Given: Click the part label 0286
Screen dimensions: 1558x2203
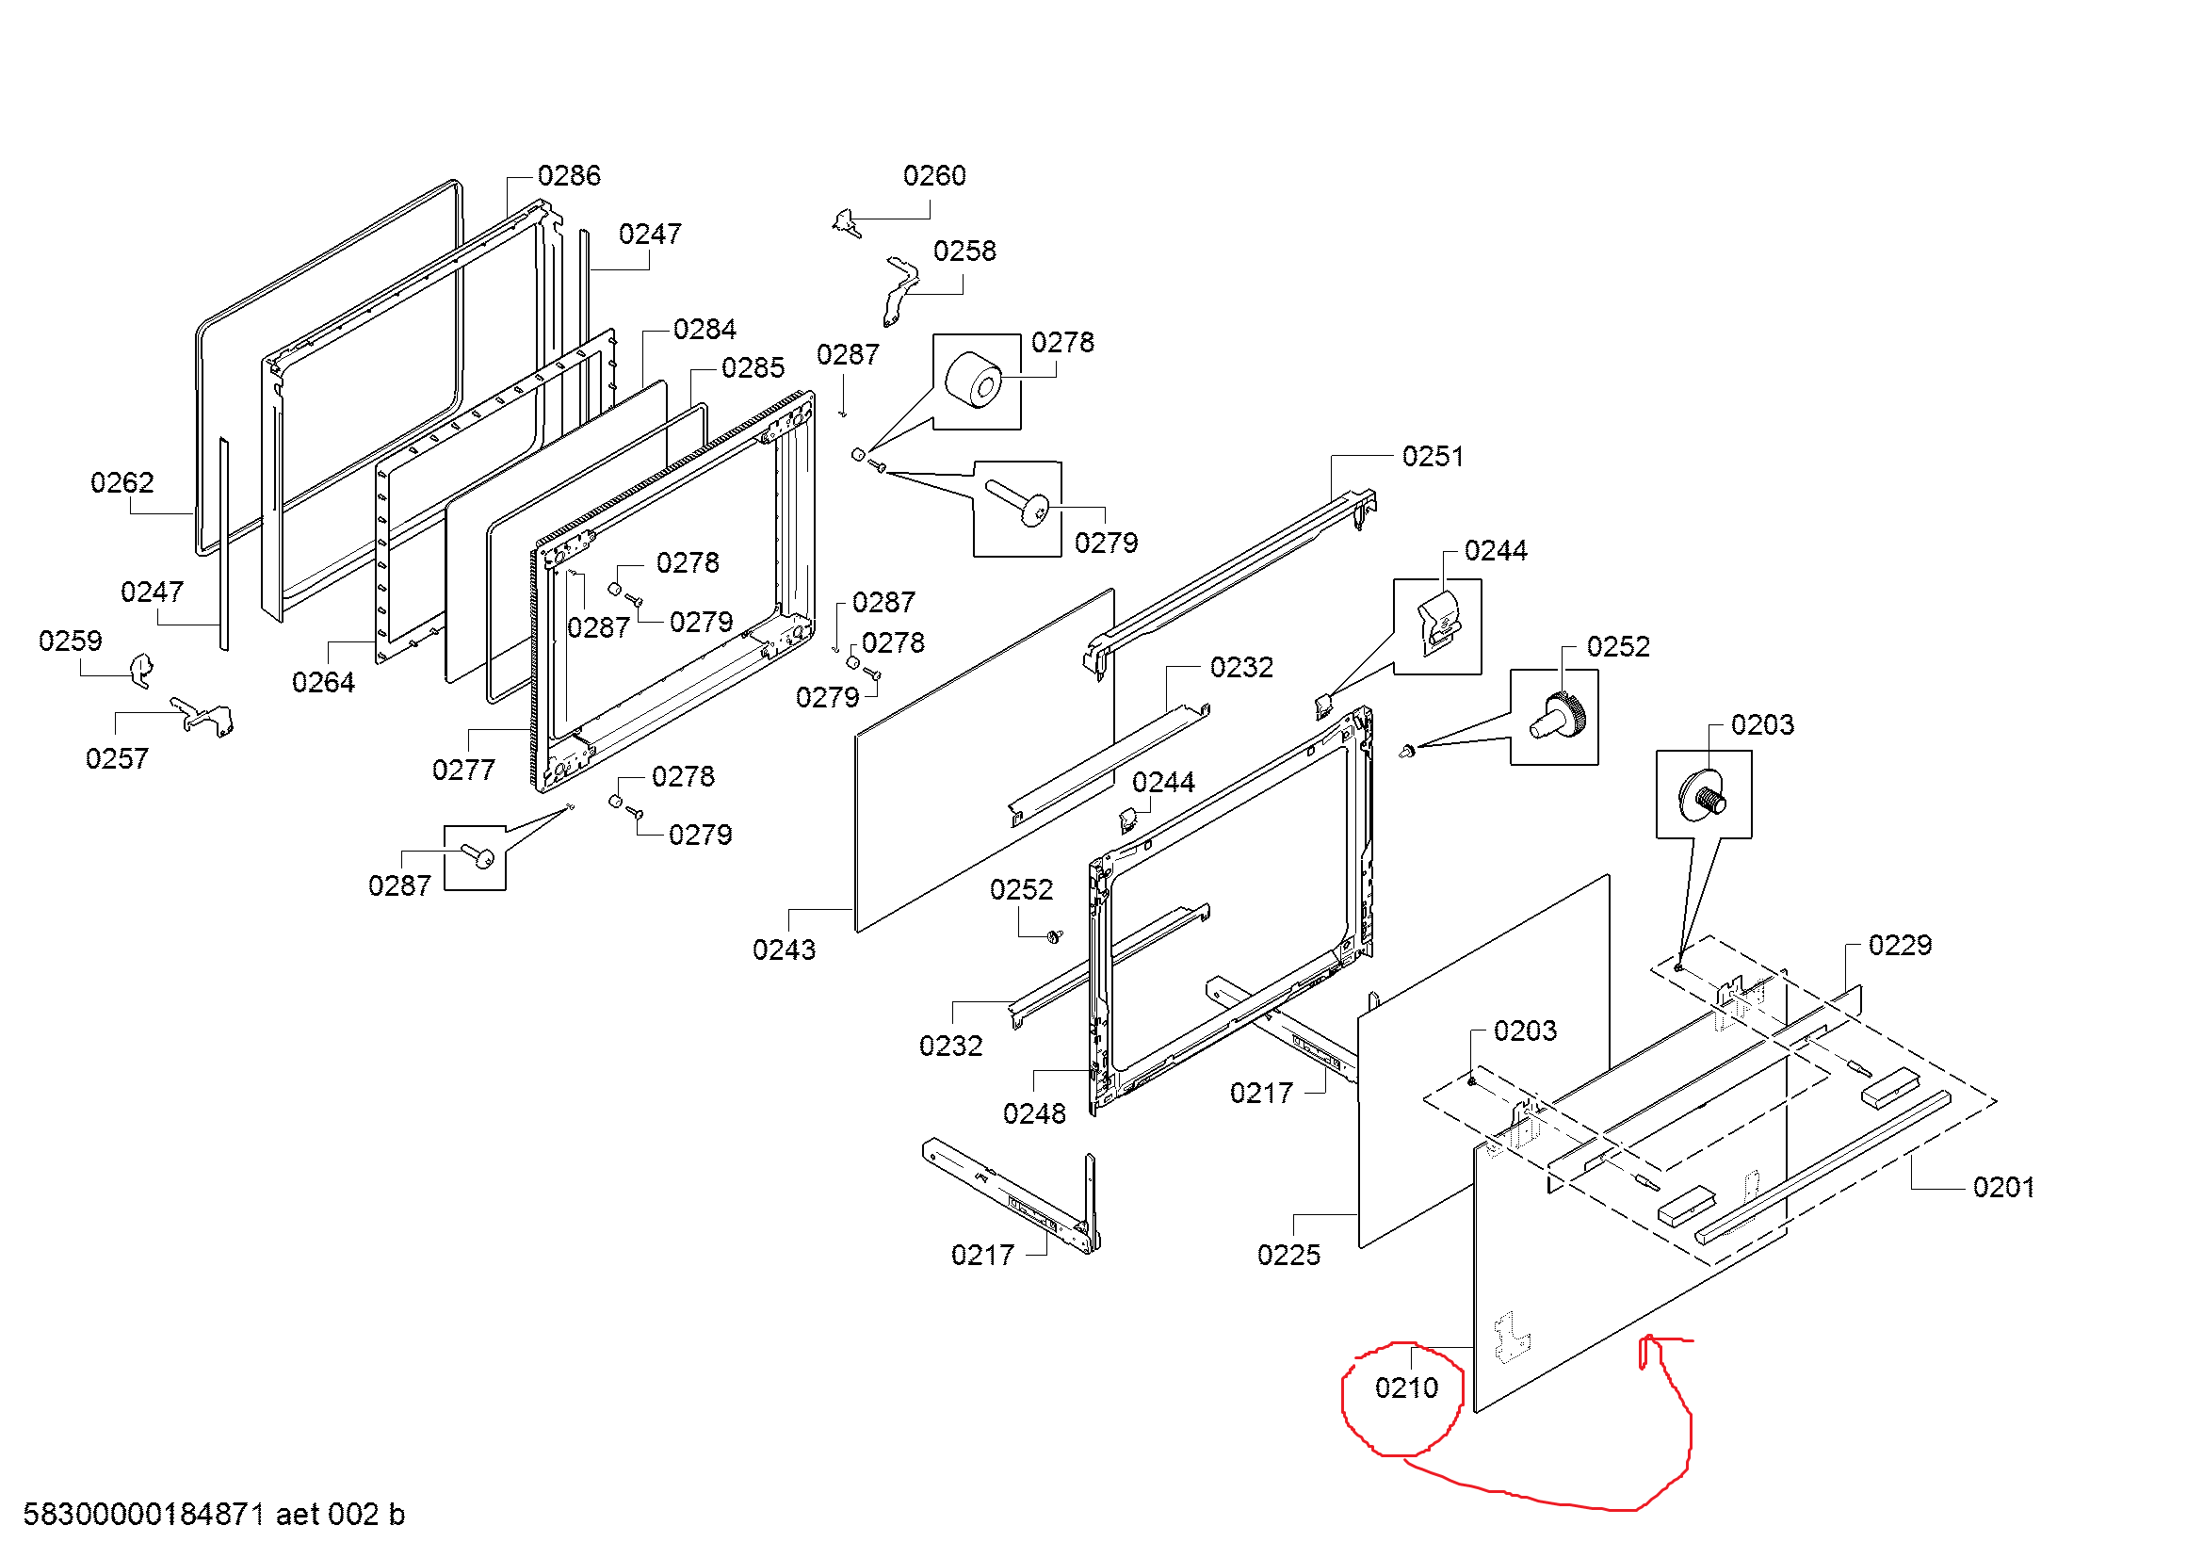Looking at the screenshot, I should click(x=568, y=175).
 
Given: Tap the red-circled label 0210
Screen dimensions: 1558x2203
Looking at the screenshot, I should click(x=1405, y=1388).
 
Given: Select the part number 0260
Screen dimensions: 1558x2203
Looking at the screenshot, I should click(x=933, y=175).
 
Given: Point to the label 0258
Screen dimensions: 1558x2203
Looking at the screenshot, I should click(x=964, y=251).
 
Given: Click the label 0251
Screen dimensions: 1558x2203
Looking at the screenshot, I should click(x=1433, y=456).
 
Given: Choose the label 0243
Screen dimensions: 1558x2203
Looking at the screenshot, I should click(x=783, y=949).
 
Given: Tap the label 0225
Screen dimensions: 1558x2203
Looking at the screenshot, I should click(x=1288, y=1255).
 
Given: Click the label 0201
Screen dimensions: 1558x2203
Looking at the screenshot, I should click(x=2003, y=1187).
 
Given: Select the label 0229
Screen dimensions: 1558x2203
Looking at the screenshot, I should click(x=1900, y=945).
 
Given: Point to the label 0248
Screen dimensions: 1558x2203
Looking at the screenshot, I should click(x=1033, y=1113).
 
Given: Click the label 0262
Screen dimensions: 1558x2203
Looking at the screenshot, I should click(x=121, y=481).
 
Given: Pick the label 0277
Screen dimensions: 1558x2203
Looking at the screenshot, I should click(x=463, y=770).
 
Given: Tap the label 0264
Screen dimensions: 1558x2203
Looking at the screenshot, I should click(x=323, y=682).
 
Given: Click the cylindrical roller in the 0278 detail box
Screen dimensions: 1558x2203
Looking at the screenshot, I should click(x=973, y=380).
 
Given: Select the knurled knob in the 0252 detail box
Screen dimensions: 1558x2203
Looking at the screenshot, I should click(x=1560, y=718).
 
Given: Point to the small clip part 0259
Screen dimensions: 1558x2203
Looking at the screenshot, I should click(x=141, y=670).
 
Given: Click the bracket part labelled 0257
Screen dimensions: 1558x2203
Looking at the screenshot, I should click(x=203, y=717).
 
